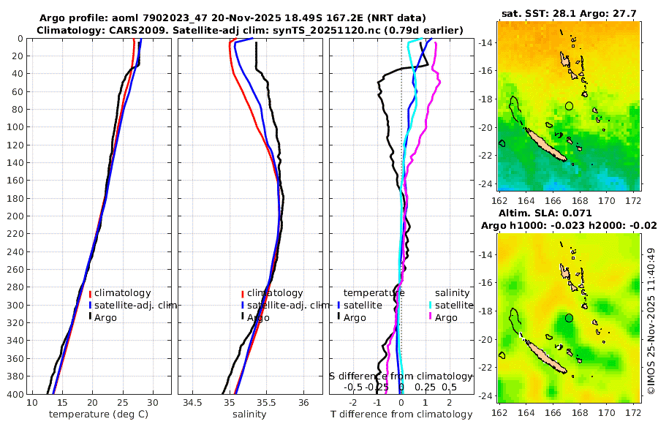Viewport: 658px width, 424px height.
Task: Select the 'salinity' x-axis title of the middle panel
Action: [x=249, y=414]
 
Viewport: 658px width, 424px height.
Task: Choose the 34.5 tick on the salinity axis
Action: [x=193, y=403]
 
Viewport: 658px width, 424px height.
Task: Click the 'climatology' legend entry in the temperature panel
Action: [x=121, y=293]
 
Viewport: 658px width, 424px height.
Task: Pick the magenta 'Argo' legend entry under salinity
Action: [x=446, y=317]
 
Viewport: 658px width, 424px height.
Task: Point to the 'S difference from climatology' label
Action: [x=401, y=376]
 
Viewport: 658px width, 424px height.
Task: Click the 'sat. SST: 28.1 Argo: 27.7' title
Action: [x=569, y=12]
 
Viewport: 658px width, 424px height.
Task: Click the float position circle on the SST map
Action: [x=570, y=106]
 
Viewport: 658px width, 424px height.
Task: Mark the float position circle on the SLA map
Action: [x=570, y=318]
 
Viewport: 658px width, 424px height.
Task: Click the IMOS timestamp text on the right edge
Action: [x=651, y=322]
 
